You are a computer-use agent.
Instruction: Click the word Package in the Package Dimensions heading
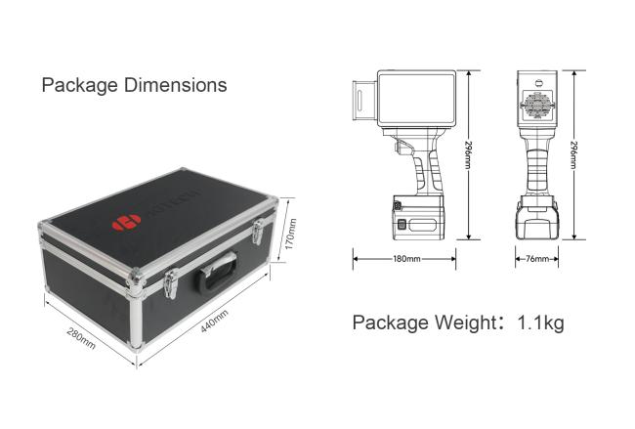[x=80, y=85]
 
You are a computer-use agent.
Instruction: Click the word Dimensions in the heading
[x=175, y=85]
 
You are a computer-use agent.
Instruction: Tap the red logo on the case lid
[x=126, y=223]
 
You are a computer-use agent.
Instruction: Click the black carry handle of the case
[x=216, y=271]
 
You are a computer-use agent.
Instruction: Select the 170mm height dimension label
[x=291, y=235]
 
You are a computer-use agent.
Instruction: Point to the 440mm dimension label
[x=214, y=321]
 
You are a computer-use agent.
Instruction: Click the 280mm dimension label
[x=81, y=338]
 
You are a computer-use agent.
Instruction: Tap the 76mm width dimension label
[x=537, y=258]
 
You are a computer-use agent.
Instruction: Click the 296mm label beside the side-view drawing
[x=469, y=154]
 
